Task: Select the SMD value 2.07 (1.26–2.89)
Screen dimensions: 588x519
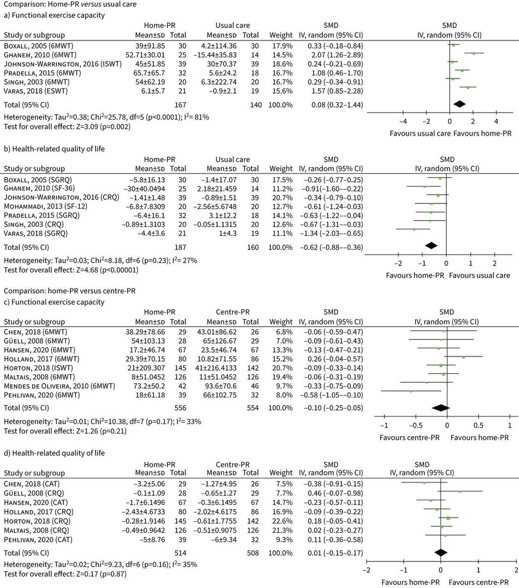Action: click(x=331, y=54)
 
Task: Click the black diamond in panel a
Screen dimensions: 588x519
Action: click(x=459, y=104)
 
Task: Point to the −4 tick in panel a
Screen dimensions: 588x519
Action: click(x=403, y=122)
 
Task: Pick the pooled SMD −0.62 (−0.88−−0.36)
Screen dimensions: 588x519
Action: click(x=332, y=247)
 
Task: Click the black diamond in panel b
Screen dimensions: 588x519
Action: click(x=431, y=246)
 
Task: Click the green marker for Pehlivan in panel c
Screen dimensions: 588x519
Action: click(x=411, y=391)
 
